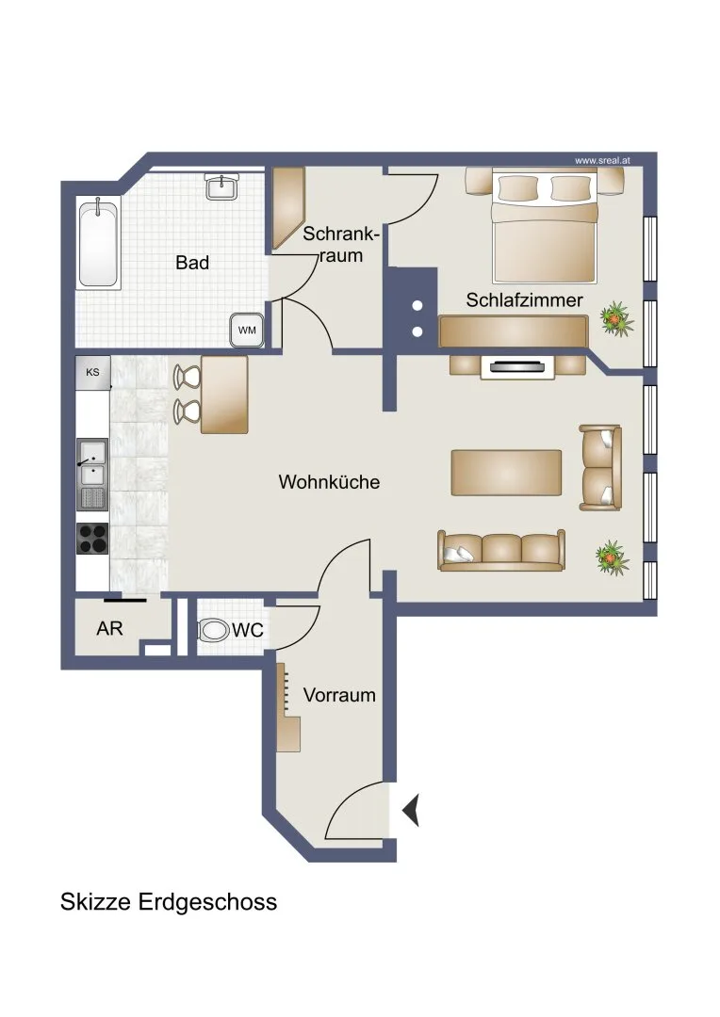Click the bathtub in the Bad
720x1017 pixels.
[99, 244]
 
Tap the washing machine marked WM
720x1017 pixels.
[247, 331]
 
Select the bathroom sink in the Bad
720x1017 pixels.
[222, 186]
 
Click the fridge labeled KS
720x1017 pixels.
[93, 373]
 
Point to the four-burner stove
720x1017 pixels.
[92, 539]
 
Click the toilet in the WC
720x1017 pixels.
[213, 630]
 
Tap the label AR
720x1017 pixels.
[109, 628]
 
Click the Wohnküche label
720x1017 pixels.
[329, 482]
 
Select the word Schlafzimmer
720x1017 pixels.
[525, 300]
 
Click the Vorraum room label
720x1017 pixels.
[339, 695]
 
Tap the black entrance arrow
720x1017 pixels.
[411, 810]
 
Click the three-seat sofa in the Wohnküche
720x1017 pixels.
[500, 550]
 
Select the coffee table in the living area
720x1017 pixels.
[506, 473]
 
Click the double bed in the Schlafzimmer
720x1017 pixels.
[544, 226]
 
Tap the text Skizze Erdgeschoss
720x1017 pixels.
[169, 902]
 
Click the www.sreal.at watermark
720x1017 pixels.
[602, 160]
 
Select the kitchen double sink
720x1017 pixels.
[92, 463]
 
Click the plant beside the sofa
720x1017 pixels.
[613, 557]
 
